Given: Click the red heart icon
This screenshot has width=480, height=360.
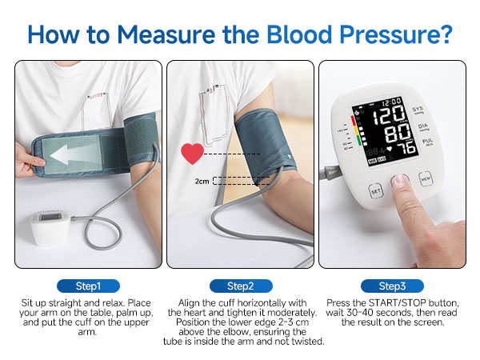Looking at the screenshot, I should (192, 152).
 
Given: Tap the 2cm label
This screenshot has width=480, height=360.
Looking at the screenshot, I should (202, 182).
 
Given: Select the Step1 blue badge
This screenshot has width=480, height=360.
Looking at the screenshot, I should (88, 286).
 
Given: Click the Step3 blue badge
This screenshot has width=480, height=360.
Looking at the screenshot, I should (391, 286).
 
